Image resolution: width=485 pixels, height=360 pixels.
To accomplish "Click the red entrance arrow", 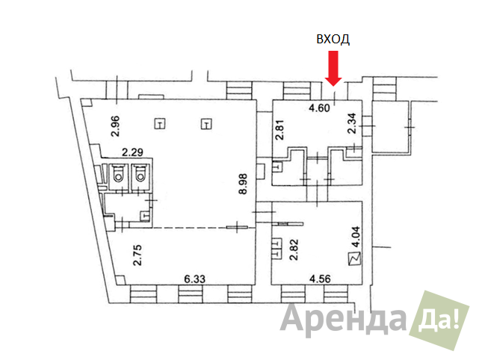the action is click(x=333, y=68).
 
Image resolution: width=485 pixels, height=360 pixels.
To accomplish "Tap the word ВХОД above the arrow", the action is click(x=333, y=40).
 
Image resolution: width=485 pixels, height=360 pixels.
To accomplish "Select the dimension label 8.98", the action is click(x=243, y=184).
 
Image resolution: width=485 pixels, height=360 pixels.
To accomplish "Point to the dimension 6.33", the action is click(x=194, y=279).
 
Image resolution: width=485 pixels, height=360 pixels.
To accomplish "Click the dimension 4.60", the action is click(x=319, y=108).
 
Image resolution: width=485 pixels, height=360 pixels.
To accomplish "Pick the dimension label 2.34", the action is click(x=352, y=123).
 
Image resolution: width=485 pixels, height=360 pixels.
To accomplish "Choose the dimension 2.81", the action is click(x=279, y=130).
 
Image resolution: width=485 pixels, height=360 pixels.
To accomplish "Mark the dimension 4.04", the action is click(x=356, y=237).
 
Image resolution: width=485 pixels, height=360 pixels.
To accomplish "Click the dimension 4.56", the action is click(x=320, y=279).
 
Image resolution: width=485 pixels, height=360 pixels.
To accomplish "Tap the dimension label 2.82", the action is click(x=294, y=249).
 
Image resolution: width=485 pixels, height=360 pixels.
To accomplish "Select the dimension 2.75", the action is click(x=137, y=255).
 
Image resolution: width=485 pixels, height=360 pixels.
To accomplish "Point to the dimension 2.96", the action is click(x=115, y=126).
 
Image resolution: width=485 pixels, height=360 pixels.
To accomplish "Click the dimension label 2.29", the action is click(x=132, y=152).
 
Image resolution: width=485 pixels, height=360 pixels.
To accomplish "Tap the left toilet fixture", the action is click(x=118, y=173).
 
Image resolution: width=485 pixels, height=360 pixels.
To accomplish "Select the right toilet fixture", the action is click(x=140, y=173).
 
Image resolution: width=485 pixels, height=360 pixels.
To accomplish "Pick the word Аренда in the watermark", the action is click(x=343, y=320).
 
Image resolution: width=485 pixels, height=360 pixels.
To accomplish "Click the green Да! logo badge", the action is click(x=439, y=320).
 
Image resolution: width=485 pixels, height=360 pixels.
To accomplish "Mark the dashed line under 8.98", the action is click(x=189, y=228).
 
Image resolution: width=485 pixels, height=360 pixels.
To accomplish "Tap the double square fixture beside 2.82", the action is click(x=277, y=248).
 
